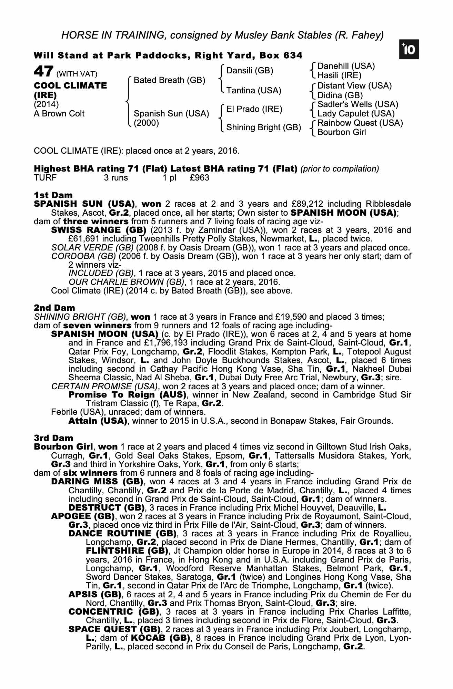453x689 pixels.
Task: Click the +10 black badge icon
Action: pos(410,50)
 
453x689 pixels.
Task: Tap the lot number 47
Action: pos(43,72)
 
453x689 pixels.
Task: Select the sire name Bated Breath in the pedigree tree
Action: pos(169,80)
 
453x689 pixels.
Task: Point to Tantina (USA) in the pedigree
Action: pos(254,90)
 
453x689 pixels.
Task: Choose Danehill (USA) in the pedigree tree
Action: pos(346,66)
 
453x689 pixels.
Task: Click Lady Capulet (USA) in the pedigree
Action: pos(356,114)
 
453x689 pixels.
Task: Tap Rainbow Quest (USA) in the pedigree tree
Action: pos(360,123)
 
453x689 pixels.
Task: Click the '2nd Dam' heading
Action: pos(54,308)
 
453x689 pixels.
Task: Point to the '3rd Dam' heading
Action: pos(53,438)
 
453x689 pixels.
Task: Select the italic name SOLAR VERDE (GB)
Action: pos(92,247)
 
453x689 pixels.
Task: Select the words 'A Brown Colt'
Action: pos(59,114)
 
